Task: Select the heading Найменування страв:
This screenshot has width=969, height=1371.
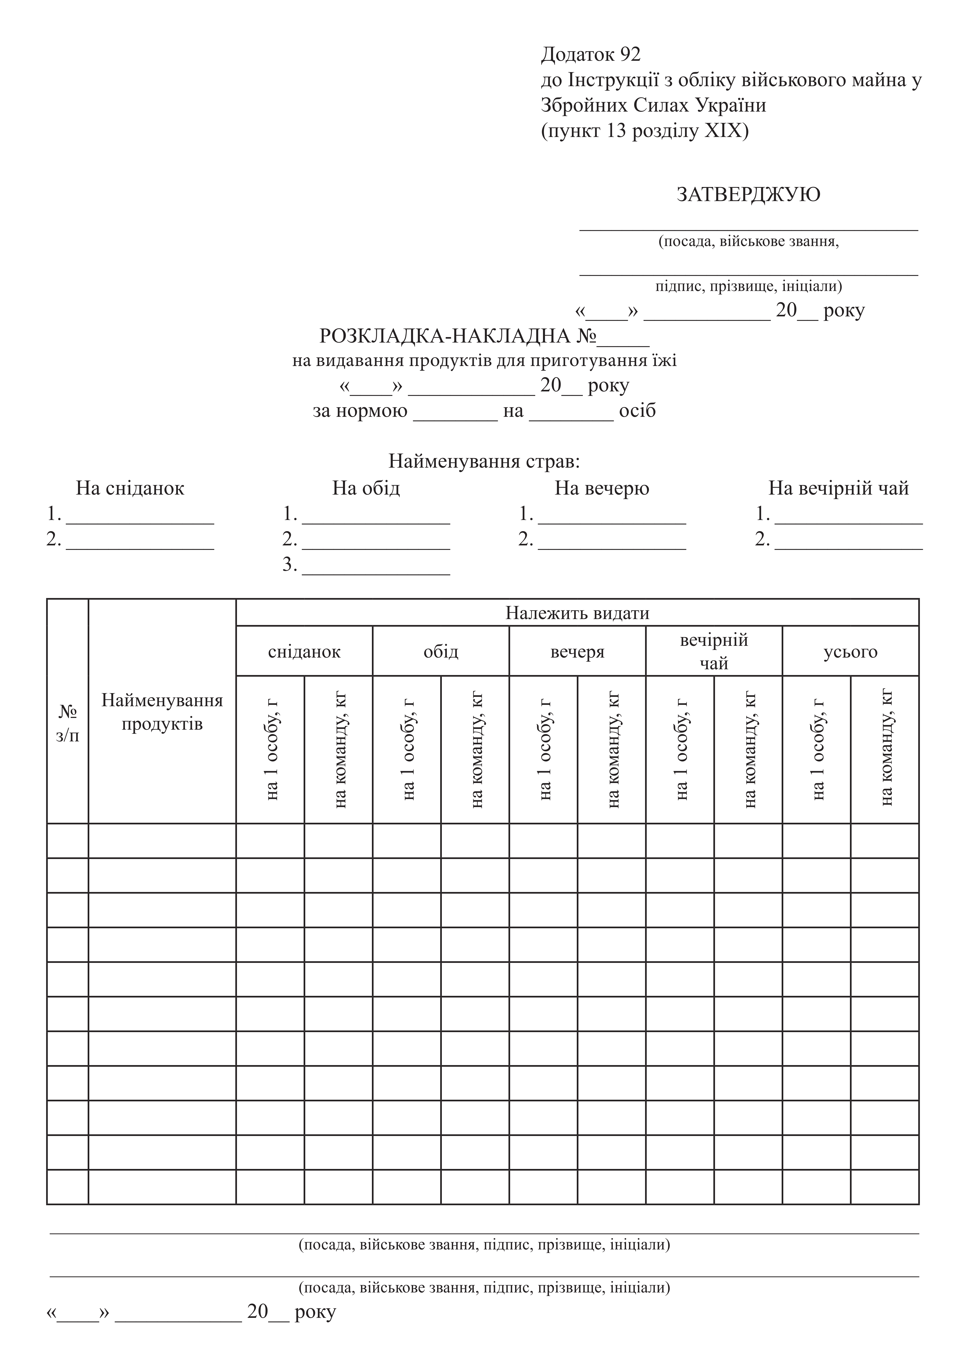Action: click(x=484, y=461)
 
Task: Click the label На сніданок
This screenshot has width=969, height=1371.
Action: click(x=130, y=489)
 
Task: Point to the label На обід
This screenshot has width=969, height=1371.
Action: click(x=366, y=489)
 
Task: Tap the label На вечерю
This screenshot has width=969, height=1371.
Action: click(x=602, y=489)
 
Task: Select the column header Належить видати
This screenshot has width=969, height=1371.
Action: click(x=577, y=613)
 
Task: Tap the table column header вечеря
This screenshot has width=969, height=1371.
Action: click(x=577, y=651)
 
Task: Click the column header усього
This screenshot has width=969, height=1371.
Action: click(x=850, y=651)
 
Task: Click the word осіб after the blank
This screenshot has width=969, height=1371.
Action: click(x=638, y=411)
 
